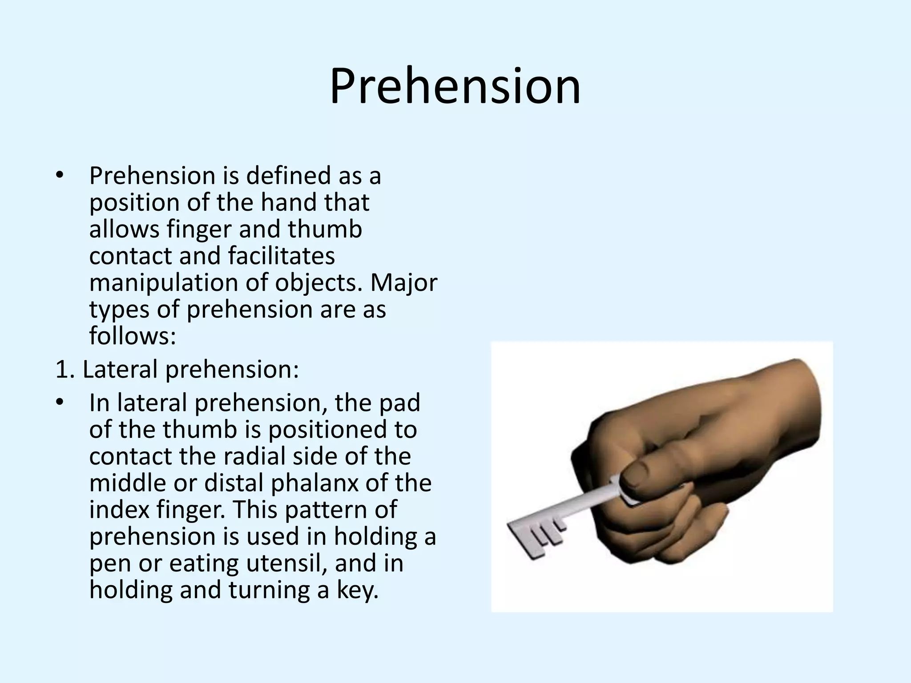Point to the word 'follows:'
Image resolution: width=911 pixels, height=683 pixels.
tap(133, 336)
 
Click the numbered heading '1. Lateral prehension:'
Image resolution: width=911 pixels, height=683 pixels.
tap(177, 370)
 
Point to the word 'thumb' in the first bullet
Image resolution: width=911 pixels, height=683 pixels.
tap(325, 229)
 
